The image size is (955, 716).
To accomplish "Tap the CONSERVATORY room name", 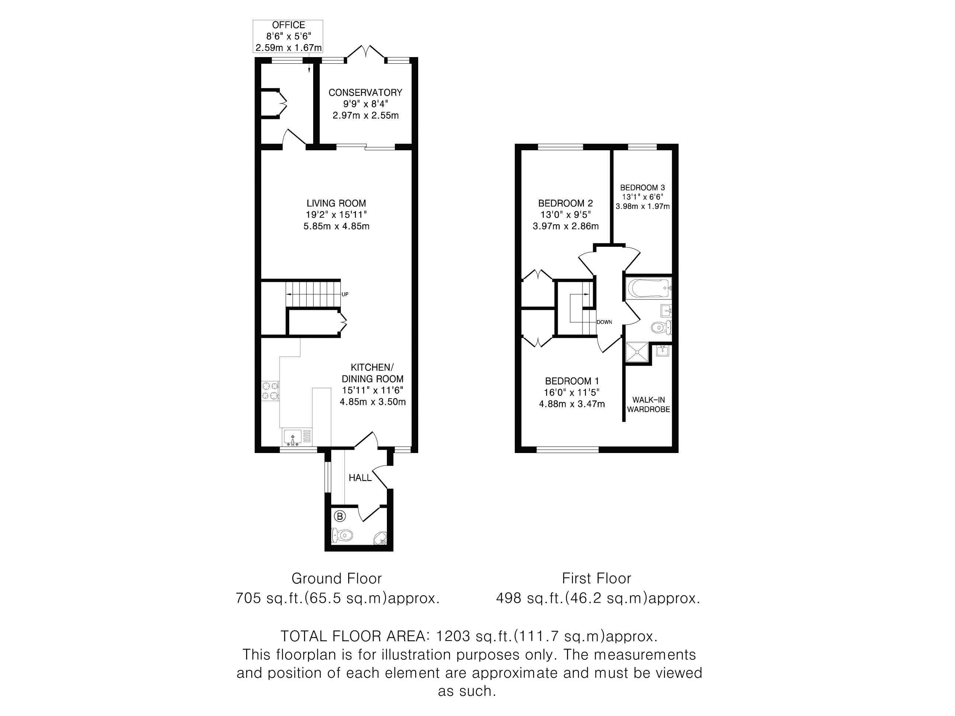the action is coord(365,92).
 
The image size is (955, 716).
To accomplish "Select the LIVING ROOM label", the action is coord(336,203).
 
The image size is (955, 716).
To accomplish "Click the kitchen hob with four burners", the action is coord(270,390).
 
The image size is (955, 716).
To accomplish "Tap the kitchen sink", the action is coord(294,437).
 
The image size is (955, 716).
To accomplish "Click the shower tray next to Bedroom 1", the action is coord(637,353).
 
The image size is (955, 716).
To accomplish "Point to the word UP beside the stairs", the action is coord(345,294).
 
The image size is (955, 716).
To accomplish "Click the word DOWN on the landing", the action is coord(605,322).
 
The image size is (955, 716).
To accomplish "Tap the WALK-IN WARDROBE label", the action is coord(648,405).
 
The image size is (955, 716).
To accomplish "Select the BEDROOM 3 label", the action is coord(643,188).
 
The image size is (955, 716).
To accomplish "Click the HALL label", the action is coord(360,478).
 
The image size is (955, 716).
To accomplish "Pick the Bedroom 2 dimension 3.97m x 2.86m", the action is coord(566,226).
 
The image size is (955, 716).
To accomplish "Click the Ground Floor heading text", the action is coord(337,578).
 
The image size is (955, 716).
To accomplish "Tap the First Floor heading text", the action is coord(597,578).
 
